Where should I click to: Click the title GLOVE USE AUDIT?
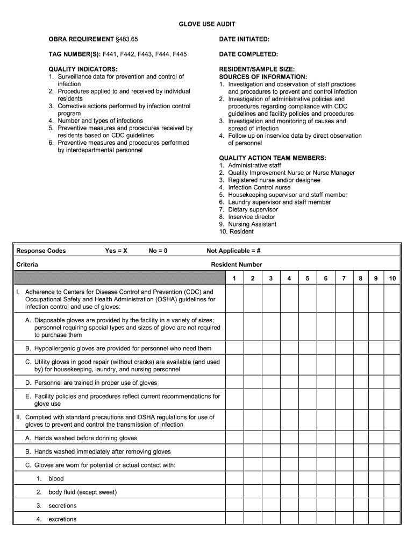pos(207,25)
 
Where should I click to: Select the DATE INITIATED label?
pos(244,40)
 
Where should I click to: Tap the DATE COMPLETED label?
pos(248,54)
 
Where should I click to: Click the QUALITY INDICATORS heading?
pos(83,69)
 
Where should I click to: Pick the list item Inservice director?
pos(251,217)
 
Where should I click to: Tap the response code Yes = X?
pos(116,251)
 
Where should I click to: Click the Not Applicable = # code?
pos(233,251)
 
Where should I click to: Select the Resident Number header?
pos(237,265)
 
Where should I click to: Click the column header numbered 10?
pos(392,278)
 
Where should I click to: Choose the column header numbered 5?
pos(307,278)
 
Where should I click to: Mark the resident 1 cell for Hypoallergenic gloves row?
pos(234,348)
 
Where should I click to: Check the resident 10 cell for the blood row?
pos(392,478)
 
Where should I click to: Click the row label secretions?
pos(62,506)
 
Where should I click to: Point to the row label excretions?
pos(62,519)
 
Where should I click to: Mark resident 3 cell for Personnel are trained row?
pos(270,383)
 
